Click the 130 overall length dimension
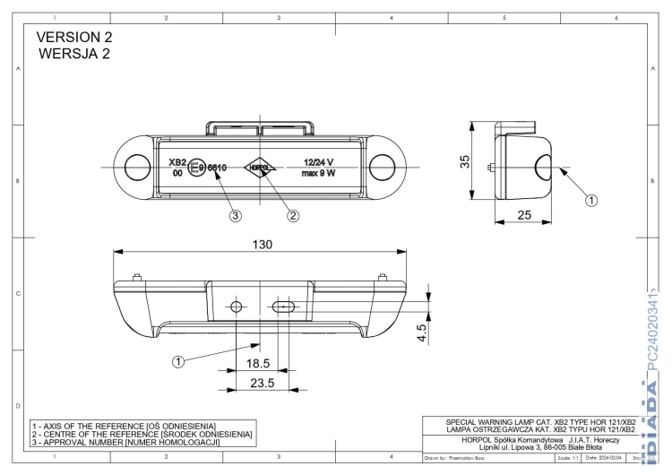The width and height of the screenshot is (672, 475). pyautogui.click(x=262, y=244)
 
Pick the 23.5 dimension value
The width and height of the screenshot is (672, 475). pyautogui.click(x=260, y=384)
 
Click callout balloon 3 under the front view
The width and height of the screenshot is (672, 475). pyautogui.click(x=235, y=215)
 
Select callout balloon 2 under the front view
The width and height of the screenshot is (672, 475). pyautogui.click(x=292, y=215)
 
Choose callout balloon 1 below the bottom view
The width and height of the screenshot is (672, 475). pyautogui.click(x=177, y=361)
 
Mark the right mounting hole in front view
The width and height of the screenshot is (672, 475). pyautogui.click(x=383, y=166)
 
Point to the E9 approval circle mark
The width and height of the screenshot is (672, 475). pyautogui.click(x=200, y=167)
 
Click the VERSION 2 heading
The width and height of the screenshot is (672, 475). pyautogui.click(x=76, y=38)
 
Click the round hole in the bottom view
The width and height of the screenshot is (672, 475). pyautogui.click(x=237, y=307)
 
